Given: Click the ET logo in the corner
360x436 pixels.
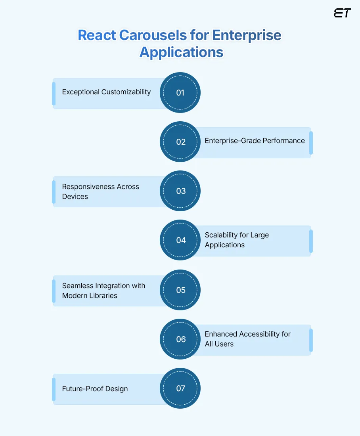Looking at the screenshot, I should coord(342,13).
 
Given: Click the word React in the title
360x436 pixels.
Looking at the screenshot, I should coord(97,35).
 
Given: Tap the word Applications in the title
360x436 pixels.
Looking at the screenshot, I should coord(181,52).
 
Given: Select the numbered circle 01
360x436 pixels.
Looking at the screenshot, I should coord(180,93).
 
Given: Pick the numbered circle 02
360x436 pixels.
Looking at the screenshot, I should coord(180,142).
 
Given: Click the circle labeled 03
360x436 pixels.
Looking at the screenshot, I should coord(180,191).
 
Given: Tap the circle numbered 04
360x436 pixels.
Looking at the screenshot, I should coord(180,240).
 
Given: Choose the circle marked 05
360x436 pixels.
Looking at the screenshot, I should coord(180,290).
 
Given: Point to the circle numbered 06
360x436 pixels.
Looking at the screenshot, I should coord(180,339).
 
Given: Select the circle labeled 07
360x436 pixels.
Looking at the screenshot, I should coord(180,388).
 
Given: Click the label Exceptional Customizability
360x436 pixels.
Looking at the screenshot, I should coord(106,92).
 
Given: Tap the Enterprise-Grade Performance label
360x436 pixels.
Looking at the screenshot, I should coord(255,141).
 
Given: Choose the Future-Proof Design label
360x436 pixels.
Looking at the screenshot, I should coord(95,389).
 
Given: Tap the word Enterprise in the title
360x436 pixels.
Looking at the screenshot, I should coord(247,35).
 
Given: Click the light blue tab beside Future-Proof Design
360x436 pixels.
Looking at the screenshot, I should coord(54,389).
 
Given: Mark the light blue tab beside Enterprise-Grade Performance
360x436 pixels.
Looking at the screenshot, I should coord(311,143).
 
